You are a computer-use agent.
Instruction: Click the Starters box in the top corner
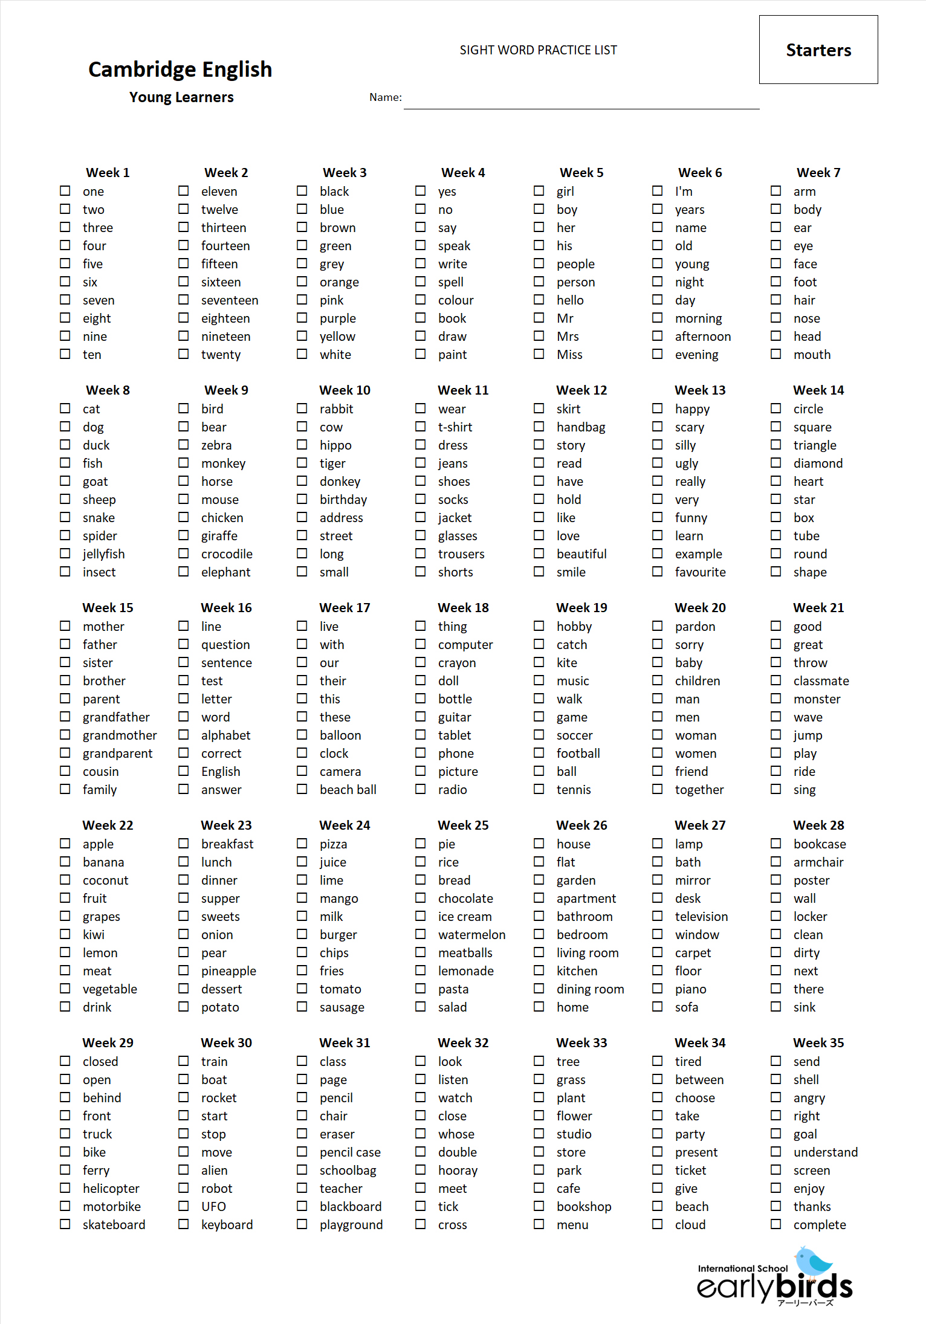[818, 50]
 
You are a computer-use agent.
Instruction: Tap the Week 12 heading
[581, 390]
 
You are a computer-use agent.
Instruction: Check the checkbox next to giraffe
[183, 535]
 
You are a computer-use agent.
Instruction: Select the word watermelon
[471, 935]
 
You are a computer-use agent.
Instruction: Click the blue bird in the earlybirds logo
[813, 1261]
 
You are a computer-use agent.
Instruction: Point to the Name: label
[385, 97]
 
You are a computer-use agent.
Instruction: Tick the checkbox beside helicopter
[65, 1188]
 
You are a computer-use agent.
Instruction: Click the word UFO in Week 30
[213, 1207]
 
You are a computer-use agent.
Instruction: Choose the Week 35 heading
[818, 1043]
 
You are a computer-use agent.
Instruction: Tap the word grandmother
[120, 735]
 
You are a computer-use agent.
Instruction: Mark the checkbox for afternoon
[657, 336]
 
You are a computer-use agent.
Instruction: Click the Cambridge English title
[180, 69]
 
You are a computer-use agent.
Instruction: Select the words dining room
[590, 989]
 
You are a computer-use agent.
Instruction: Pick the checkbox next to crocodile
[183, 554]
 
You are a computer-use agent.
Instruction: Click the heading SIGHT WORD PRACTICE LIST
[538, 50]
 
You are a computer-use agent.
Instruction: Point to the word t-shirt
[455, 427]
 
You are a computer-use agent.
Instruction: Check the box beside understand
[775, 1152]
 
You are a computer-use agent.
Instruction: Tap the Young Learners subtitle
[181, 97]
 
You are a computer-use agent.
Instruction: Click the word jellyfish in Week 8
[103, 554]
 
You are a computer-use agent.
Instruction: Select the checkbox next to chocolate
[420, 898]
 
